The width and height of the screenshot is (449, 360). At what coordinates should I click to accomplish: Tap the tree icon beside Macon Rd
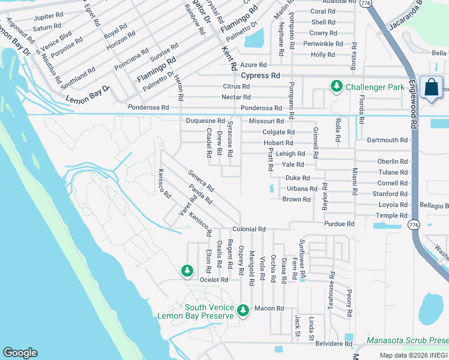243,310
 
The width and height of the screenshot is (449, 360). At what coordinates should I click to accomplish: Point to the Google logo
20,353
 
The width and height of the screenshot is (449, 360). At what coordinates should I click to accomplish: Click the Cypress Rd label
261,76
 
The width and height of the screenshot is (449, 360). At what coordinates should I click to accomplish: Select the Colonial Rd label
249,229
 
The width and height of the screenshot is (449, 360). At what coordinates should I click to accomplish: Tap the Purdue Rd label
339,224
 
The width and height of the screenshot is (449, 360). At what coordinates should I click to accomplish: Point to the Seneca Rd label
200,181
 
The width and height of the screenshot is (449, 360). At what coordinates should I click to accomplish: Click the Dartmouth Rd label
387,140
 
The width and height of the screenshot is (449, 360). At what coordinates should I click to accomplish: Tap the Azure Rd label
253,65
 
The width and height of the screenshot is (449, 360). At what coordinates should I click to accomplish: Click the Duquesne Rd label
205,121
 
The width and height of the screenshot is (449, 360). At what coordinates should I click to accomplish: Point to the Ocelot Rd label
214,280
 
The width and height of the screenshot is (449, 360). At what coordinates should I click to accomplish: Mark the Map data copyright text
414,356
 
